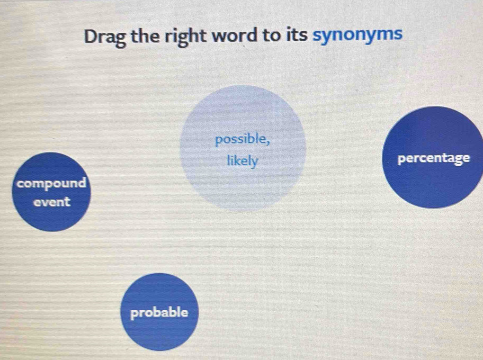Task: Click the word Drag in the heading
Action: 105,37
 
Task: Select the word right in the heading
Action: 186,37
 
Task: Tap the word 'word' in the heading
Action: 235,35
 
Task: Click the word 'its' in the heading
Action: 297,35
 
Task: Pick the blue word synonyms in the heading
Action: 357,35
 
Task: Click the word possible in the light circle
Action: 241,140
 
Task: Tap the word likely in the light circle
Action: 243,161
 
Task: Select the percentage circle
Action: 433,157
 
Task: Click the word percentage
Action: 434,159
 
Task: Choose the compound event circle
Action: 51,192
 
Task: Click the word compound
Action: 51,184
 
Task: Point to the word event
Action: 52,202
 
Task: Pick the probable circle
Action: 159,312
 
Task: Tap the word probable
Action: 159,313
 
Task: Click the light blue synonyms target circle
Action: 243,148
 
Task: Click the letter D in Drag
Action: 91,36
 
